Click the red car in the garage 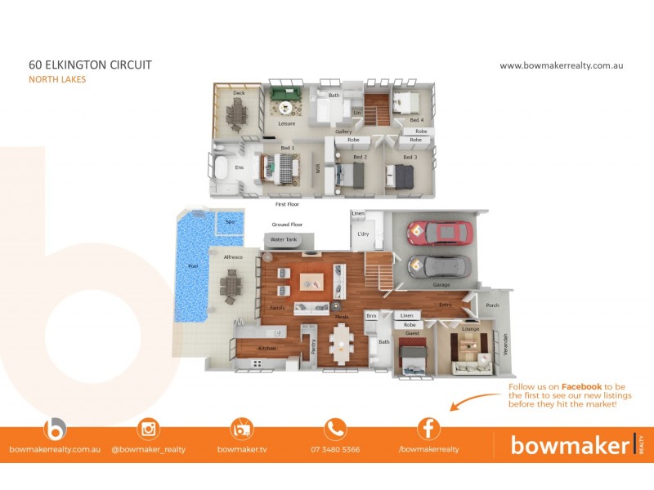[442, 234]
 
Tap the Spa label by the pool [230, 221]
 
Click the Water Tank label [283, 239]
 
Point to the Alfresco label [234, 257]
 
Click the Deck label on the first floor [239, 94]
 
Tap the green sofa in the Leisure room [286, 96]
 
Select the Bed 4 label [417, 120]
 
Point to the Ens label [240, 168]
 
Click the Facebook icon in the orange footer [428, 429]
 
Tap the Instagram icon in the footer [149, 429]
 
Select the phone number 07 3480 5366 [335, 449]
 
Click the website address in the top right [561, 65]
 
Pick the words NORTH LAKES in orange [57, 79]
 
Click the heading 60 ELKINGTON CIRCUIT [90, 65]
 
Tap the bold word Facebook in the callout [580, 386]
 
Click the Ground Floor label [287, 224]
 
